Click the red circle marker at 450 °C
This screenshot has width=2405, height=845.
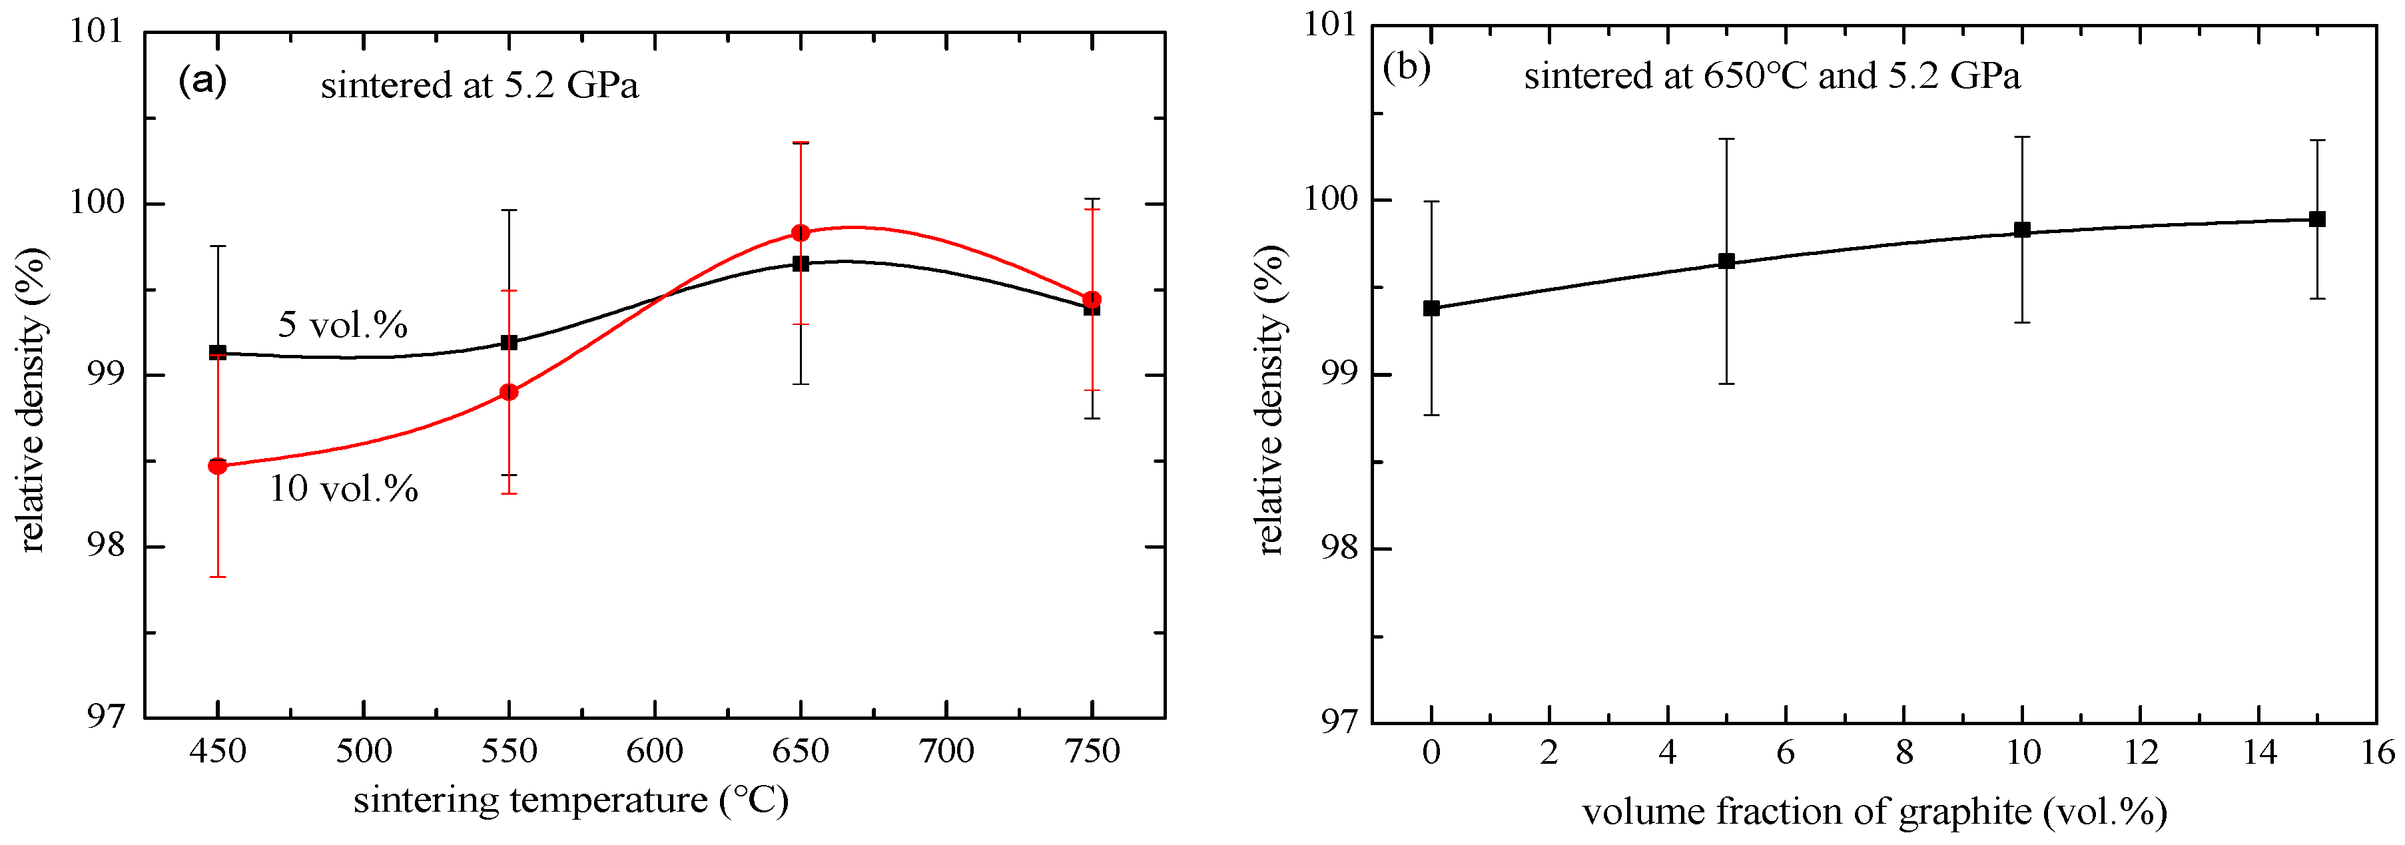[218, 466]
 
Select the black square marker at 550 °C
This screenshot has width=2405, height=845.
[509, 343]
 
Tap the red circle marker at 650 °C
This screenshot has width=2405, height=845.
[800, 232]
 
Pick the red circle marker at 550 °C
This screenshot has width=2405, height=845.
[509, 392]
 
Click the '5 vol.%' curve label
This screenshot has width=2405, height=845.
[342, 325]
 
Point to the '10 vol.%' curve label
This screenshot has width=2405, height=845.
[344, 488]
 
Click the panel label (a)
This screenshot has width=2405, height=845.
[202, 81]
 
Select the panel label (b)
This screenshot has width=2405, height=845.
[1406, 67]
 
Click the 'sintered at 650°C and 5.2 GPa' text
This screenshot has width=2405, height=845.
[1771, 76]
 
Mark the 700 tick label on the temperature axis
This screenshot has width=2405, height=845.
[946, 750]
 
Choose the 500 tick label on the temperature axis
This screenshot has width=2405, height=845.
[363, 750]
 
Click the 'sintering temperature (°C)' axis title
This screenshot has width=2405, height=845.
[570, 800]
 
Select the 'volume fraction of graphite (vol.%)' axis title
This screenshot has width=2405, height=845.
[1874, 812]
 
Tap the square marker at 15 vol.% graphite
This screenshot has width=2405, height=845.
[2316, 220]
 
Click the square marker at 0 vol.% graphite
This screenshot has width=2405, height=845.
[1431, 308]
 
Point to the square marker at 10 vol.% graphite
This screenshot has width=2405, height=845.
[2022, 230]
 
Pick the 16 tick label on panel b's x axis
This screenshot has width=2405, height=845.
[2377, 752]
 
